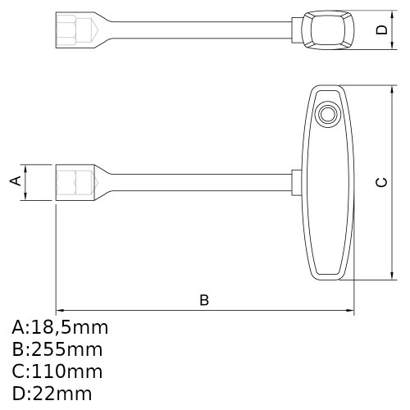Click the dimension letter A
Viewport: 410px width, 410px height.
(x=15, y=181)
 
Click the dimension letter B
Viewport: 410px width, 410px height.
(x=204, y=300)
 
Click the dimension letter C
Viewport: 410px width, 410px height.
(x=380, y=182)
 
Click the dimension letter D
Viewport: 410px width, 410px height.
(x=380, y=30)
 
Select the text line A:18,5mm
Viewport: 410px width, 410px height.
(x=60, y=328)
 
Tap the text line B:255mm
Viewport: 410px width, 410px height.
(x=57, y=349)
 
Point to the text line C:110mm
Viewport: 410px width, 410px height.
(x=57, y=371)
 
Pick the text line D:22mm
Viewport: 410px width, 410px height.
(x=52, y=393)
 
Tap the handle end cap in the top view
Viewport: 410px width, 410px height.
(x=329, y=30)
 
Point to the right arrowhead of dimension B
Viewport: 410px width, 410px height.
(x=351, y=311)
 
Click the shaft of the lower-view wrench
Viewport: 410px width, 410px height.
(x=197, y=181)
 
